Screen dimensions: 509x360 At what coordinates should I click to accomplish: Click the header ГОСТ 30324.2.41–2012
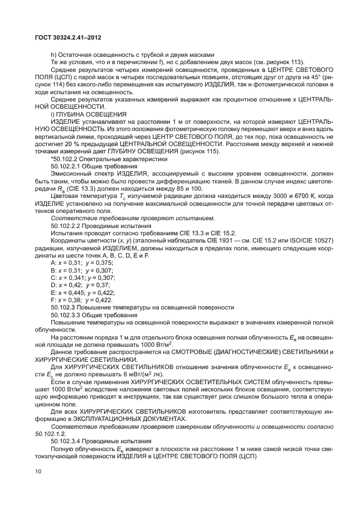click(69, 37)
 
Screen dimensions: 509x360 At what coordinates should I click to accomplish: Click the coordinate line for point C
click(82, 277)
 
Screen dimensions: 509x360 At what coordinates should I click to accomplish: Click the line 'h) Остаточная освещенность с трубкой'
click(132, 55)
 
